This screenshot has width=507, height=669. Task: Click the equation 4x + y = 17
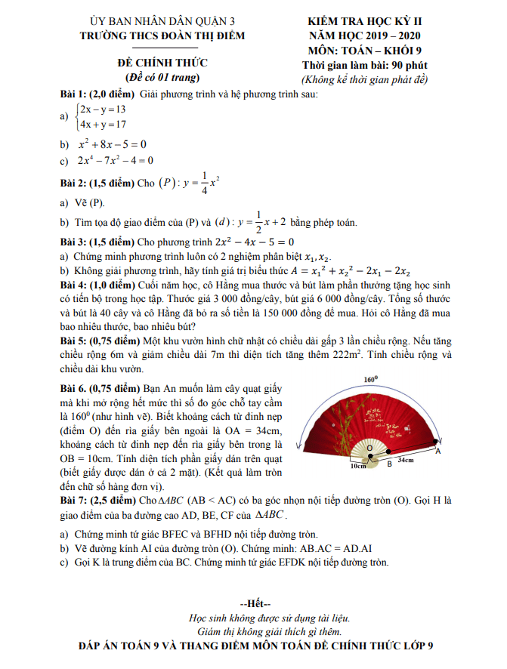point(104,124)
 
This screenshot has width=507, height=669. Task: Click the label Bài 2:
point(73,183)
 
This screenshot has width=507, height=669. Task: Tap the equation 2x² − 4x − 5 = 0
point(253,242)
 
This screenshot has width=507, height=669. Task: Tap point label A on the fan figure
point(438,451)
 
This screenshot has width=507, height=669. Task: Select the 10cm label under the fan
point(358,466)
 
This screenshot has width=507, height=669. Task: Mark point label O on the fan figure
point(369,448)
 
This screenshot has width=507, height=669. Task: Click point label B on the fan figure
point(389,464)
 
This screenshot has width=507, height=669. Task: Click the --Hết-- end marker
point(253,604)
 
